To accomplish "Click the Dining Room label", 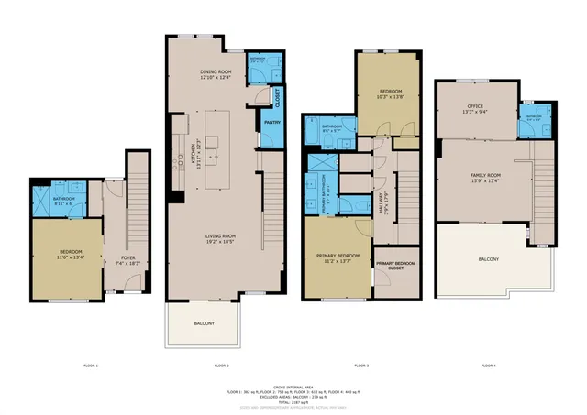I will (x=216, y=73).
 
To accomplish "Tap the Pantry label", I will (x=272, y=122).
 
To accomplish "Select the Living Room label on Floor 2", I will (x=220, y=238).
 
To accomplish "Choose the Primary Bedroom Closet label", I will (x=394, y=267).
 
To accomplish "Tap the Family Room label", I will (x=486, y=177).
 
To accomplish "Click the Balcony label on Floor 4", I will (x=489, y=259).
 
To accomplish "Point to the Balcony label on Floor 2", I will (x=204, y=324).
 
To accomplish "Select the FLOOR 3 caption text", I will (x=360, y=366).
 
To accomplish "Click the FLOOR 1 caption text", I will (x=91, y=366).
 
